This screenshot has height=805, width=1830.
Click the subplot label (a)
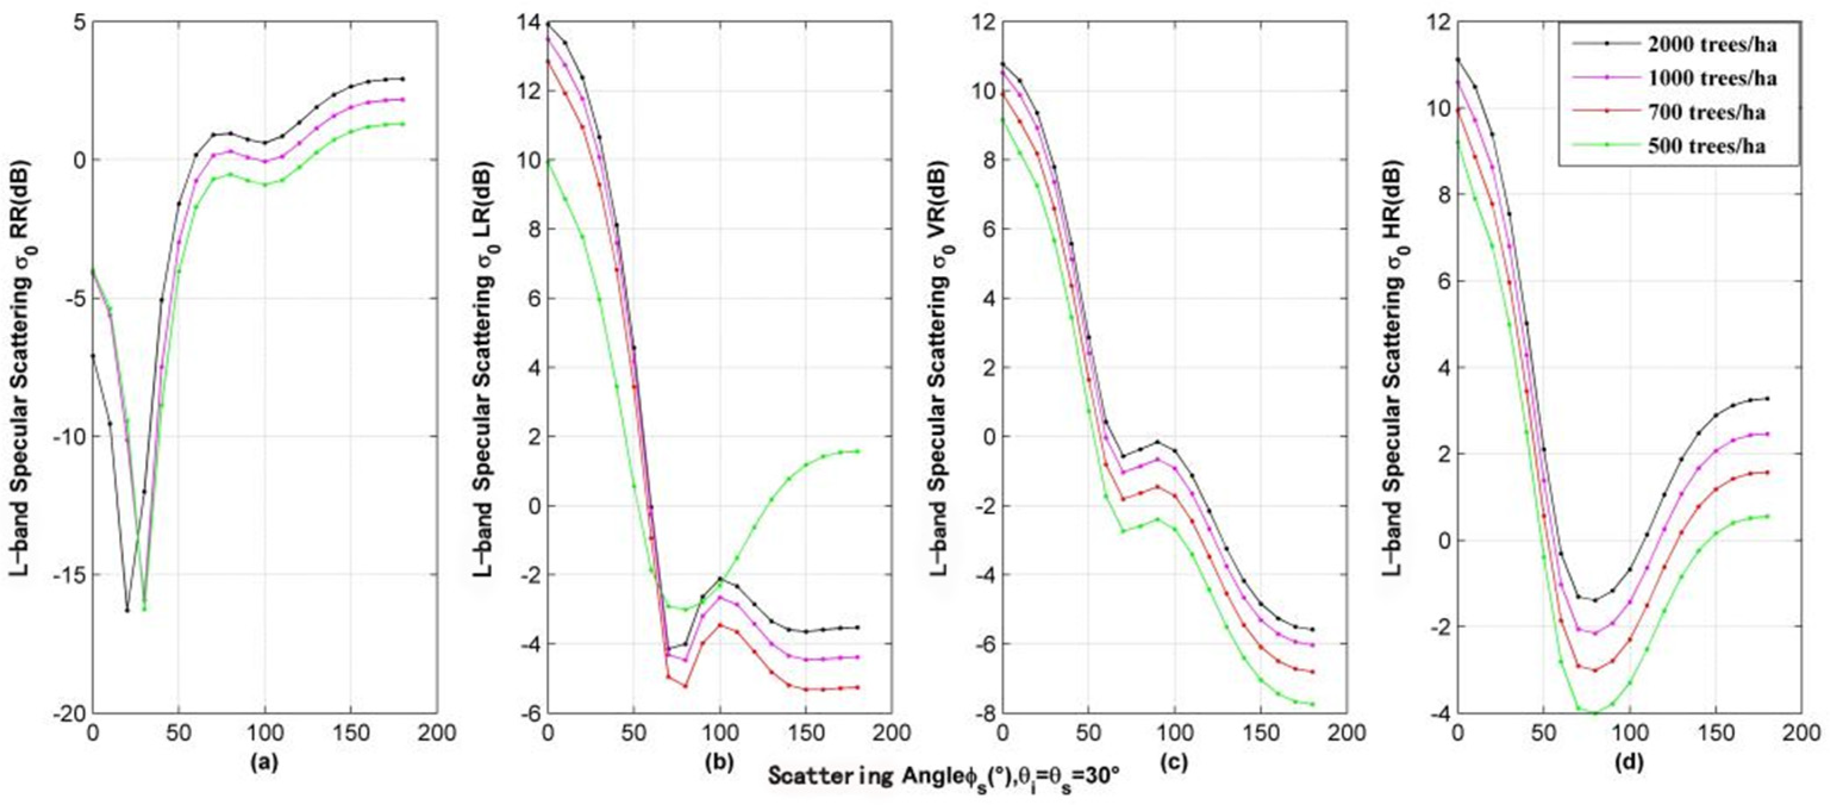pyautogui.click(x=263, y=762)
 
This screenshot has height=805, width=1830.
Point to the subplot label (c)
pyautogui.click(x=1173, y=762)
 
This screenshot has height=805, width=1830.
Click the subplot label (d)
pyautogui.click(x=1629, y=762)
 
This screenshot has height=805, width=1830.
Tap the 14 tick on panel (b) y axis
pyautogui.click(x=528, y=23)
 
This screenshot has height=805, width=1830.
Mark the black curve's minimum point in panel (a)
pyautogui.click(x=127, y=610)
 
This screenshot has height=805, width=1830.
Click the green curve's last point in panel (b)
pyautogui.click(x=858, y=451)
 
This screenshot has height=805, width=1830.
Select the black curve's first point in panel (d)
pyautogui.click(x=1457, y=60)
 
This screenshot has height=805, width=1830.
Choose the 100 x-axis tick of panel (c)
pyautogui.click(x=1174, y=732)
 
